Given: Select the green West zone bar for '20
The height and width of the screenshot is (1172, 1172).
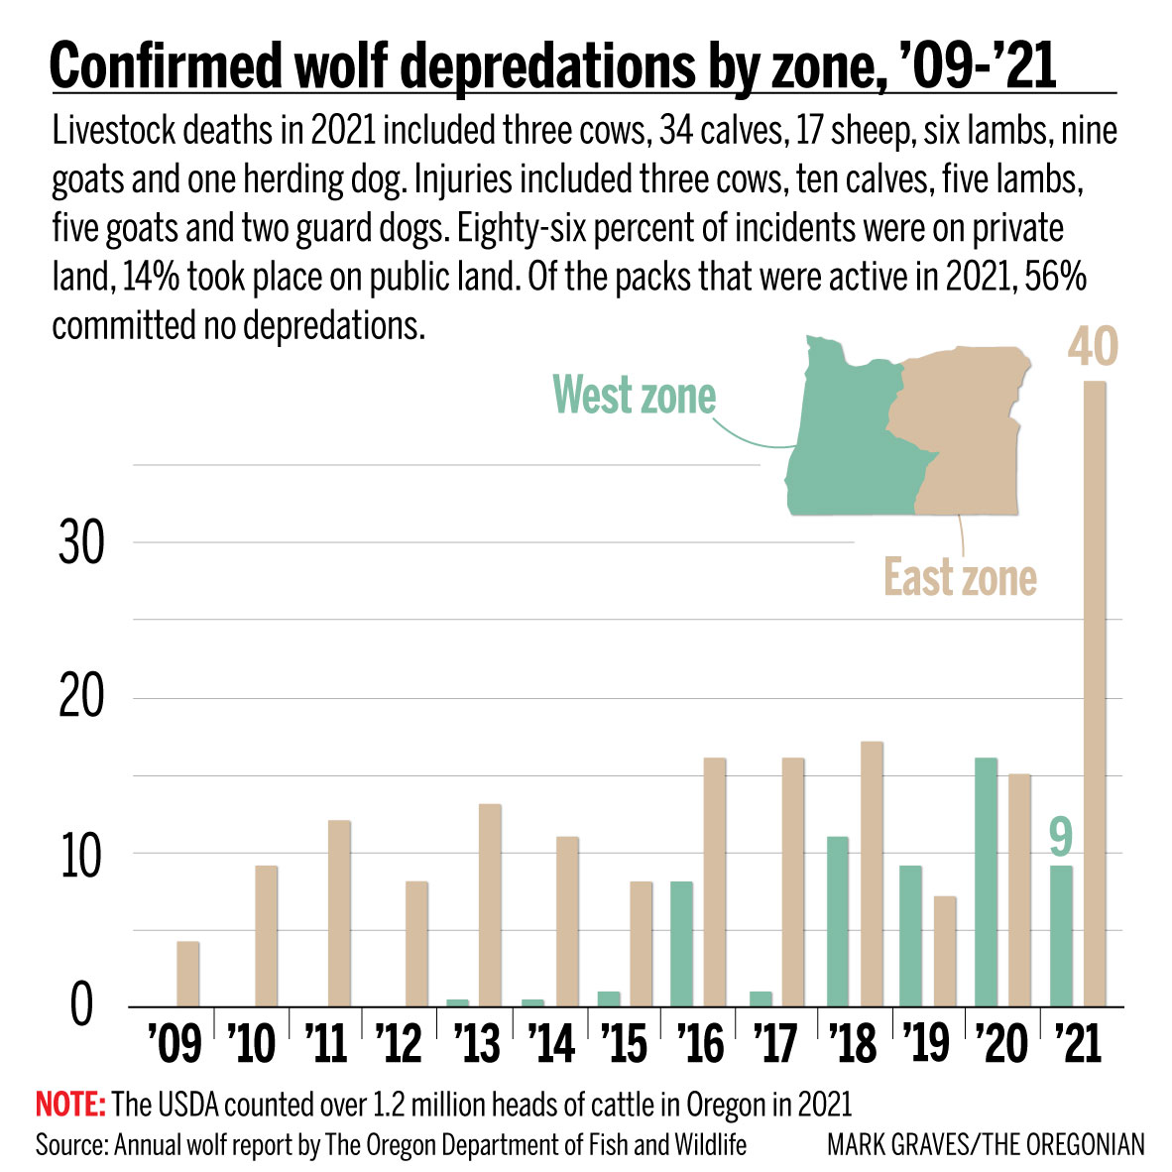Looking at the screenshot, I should tap(986, 882).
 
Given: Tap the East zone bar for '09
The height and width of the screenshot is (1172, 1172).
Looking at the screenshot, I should tap(187, 974).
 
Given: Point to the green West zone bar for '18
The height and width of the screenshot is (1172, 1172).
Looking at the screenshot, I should tap(837, 922).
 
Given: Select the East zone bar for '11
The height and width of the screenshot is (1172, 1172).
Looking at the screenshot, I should tap(339, 913).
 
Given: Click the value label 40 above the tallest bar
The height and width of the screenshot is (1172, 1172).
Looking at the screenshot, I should tap(1093, 348).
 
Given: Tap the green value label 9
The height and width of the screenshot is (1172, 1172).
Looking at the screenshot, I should tap(1061, 835).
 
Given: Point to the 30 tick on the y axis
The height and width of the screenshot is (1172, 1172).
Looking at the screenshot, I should tap(80, 544).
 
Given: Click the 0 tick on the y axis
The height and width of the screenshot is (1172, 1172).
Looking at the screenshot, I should tap(80, 1007).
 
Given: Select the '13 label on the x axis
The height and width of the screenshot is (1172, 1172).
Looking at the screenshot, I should tap(476, 1044).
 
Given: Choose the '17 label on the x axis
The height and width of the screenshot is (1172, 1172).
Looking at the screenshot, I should tap(777, 1044).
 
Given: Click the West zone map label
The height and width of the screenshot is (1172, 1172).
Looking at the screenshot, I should tap(634, 395).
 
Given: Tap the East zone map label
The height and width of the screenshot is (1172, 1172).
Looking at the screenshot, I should tap(960, 578).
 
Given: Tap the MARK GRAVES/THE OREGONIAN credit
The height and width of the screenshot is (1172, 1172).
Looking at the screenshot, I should tap(986, 1145).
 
